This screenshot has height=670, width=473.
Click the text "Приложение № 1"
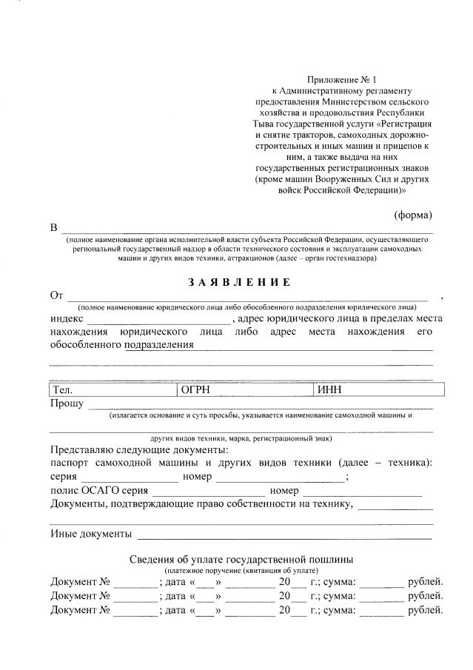342,79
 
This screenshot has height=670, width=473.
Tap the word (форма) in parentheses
412,215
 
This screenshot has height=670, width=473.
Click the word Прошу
67,403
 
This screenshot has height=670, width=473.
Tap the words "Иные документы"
91,534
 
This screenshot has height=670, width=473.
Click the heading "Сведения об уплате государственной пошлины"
241,559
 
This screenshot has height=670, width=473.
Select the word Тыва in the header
268,124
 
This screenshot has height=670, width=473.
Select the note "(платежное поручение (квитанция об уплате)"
241,571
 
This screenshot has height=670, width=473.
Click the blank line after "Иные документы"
284,535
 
